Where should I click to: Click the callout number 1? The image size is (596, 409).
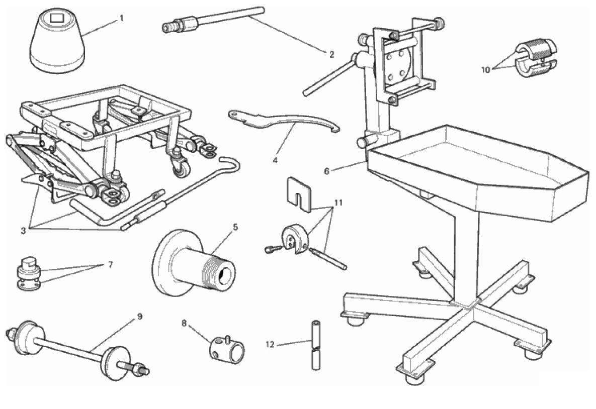point(122,18)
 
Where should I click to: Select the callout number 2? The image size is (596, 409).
point(331,54)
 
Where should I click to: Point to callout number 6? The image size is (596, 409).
point(326,171)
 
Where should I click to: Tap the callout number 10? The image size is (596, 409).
point(486,70)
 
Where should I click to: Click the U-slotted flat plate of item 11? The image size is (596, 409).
point(298,193)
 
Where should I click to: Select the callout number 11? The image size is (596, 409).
point(338,202)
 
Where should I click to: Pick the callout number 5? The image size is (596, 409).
point(235,227)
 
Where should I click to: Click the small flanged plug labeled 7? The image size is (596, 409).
point(29,274)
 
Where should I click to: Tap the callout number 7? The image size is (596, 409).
point(111,265)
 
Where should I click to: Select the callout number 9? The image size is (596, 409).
point(139,317)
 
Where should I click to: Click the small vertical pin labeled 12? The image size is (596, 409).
point(315,345)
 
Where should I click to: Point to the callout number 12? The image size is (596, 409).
point(270,345)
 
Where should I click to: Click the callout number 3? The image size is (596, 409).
point(23,230)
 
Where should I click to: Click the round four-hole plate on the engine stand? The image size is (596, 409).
point(396,64)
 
